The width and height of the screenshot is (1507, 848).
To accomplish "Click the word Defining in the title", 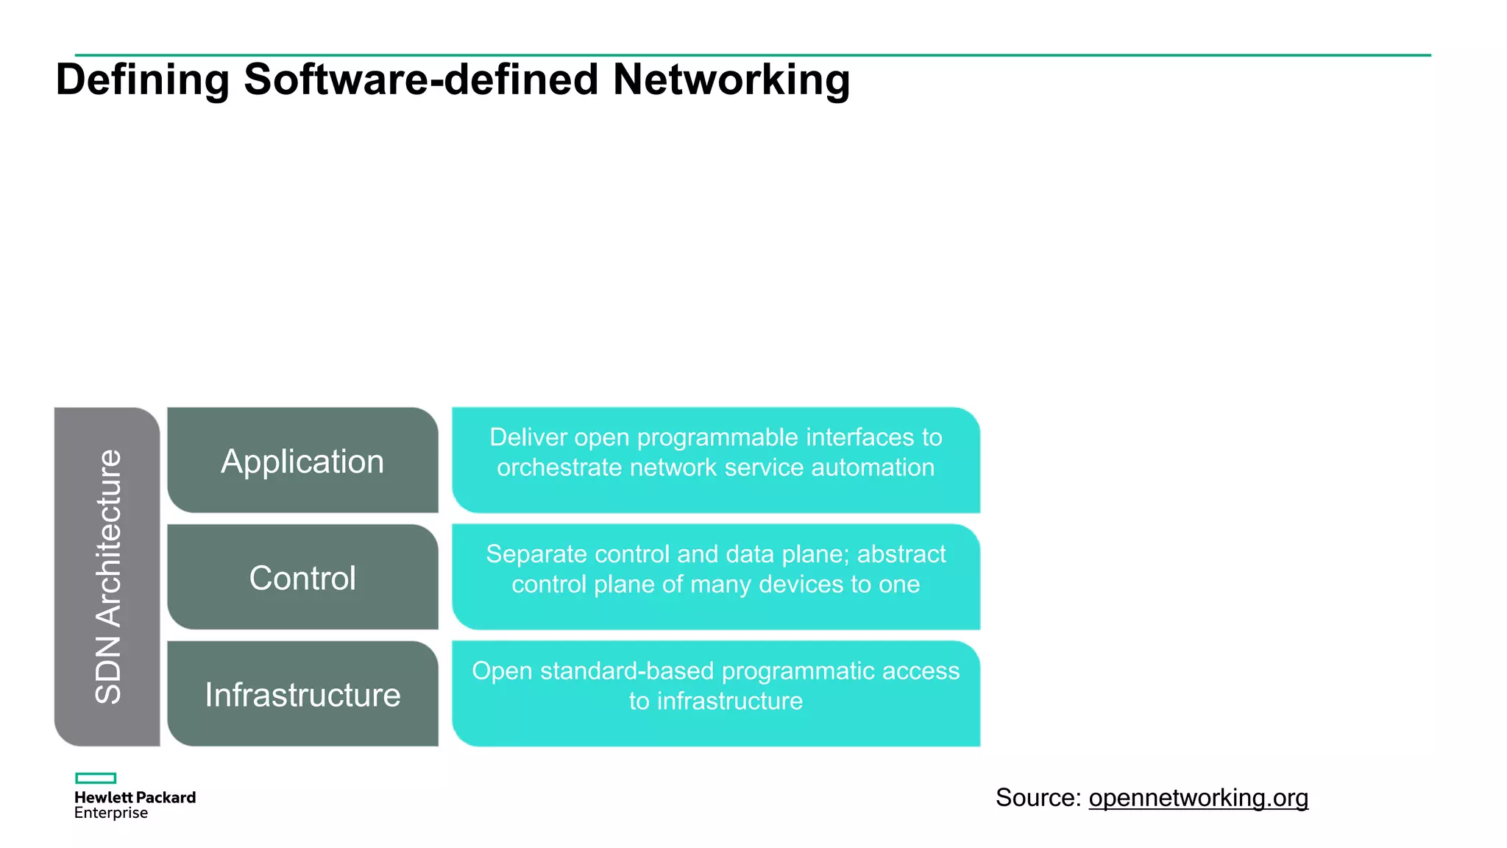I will pos(142,79).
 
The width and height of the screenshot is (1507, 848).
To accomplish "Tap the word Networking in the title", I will pos(731,79).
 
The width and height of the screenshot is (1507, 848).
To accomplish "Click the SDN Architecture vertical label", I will pos(108,576).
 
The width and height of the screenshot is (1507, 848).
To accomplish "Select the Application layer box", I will pos(302,462).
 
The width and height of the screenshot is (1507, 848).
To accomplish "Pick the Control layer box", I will pos(302,578).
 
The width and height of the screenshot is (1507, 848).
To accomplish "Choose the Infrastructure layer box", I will pos(302,695).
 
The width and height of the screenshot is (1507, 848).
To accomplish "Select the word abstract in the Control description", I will pos(901,554).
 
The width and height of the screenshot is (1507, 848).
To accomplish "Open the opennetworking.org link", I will pos(1198,798).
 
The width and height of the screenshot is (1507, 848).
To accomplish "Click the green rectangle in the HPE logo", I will pos(96,778).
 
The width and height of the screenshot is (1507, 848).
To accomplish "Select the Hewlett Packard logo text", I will pos(135,797).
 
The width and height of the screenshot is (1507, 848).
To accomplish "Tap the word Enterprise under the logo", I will pos(111,813).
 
